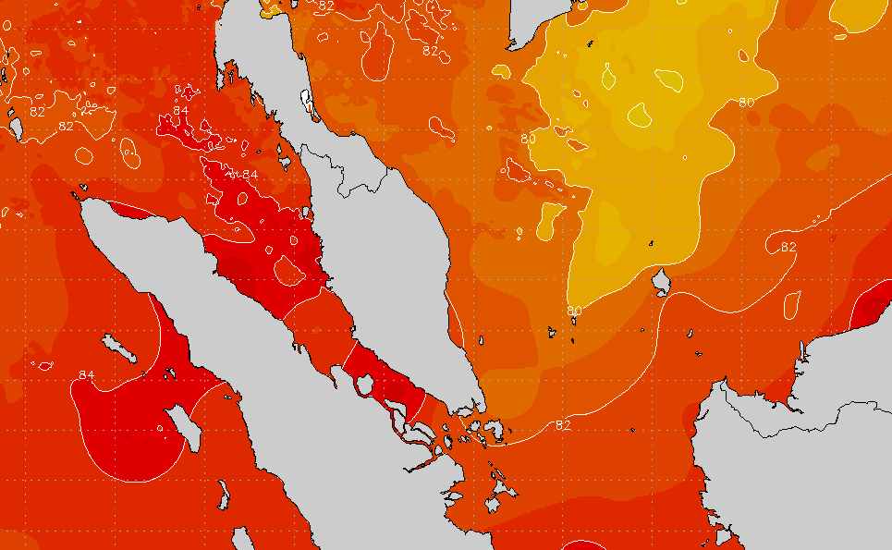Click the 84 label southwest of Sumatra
[87, 374]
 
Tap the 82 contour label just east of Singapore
[563, 424]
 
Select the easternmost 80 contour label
[748, 102]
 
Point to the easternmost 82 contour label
[788, 247]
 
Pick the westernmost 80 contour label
[528, 139]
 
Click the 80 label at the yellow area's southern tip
[574, 311]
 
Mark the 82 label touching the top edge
[326, 6]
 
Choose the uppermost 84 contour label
[181, 111]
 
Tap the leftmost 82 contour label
[38, 112]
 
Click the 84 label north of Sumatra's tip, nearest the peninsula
[250, 175]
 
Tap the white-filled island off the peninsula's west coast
[307, 99]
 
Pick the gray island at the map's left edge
[16, 124]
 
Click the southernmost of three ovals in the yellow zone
[638, 114]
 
